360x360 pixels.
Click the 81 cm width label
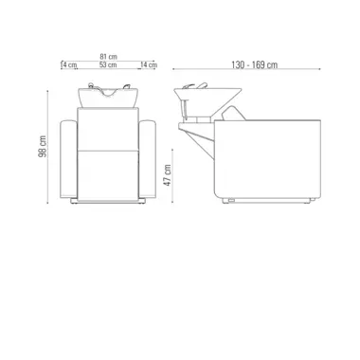coord(107,56)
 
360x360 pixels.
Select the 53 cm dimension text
coord(107,65)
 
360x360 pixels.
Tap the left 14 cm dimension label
coord(68,65)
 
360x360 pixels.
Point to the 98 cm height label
coord(44,147)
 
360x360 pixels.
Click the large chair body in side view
coord(270,161)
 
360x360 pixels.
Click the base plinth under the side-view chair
coord(270,198)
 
